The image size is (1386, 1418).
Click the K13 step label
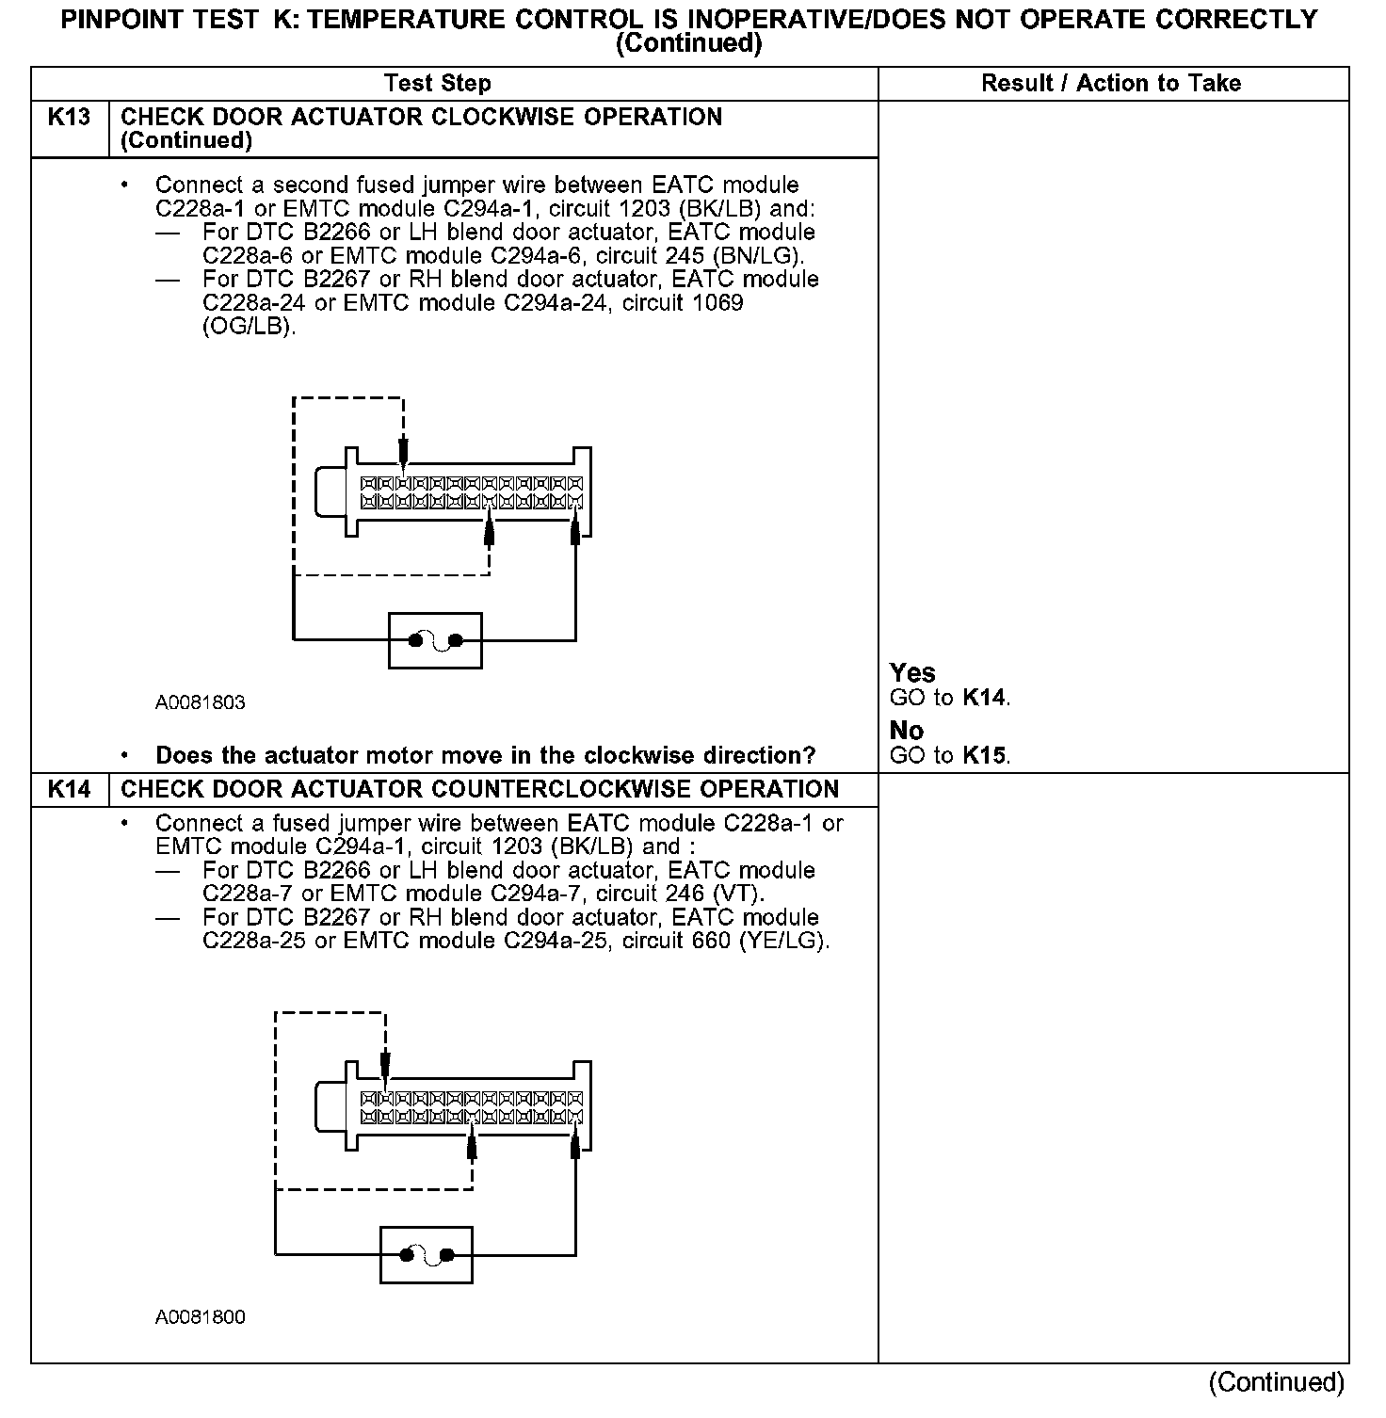(69, 118)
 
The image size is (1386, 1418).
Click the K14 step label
(69, 790)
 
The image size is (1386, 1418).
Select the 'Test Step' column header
(438, 84)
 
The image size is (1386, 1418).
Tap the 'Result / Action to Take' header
(1111, 84)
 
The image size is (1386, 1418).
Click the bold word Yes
(912, 673)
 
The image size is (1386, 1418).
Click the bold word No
(907, 731)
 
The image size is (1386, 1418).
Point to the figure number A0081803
(201, 702)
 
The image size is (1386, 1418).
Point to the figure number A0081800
(201, 1317)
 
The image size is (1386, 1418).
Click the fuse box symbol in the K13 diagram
(435, 641)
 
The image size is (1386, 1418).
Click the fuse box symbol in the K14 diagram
(426, 1255)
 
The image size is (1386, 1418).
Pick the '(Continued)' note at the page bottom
(1278, 1382)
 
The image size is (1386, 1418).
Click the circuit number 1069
(715, 303)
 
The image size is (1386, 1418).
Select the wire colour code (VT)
(739, 894)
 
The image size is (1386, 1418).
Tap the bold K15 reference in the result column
(985, 756)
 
